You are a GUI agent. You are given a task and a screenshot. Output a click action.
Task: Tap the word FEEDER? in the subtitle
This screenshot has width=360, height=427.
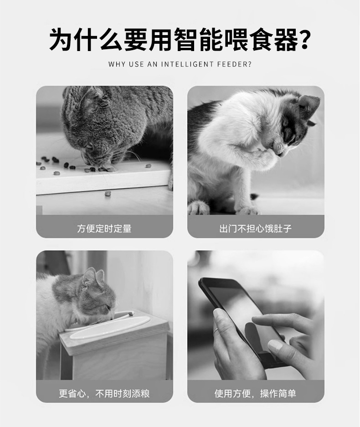[235, 64]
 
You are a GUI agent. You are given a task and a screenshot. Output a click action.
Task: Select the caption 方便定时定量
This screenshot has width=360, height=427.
[104, 228]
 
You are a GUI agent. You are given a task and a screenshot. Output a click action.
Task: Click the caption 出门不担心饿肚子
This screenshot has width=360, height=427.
[256, 228]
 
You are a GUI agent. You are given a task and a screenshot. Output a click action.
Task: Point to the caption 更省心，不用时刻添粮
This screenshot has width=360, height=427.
[104, 393]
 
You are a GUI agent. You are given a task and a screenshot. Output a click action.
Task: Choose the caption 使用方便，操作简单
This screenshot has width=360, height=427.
[255, 393]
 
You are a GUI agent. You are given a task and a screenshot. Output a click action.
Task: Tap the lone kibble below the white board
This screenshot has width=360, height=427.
[108, 194]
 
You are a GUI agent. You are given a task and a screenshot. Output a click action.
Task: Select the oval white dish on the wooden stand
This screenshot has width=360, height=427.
[109, 328]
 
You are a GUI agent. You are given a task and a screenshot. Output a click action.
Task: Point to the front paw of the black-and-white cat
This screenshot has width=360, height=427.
[248, 210]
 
